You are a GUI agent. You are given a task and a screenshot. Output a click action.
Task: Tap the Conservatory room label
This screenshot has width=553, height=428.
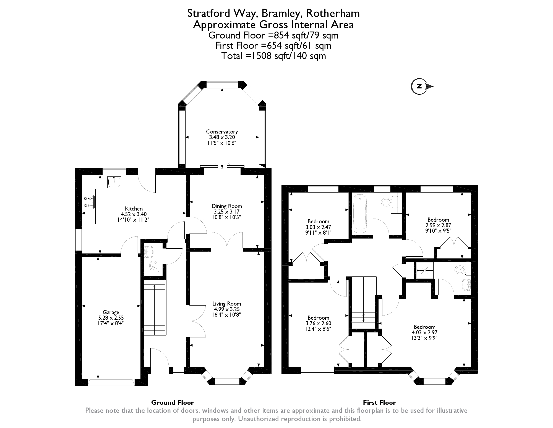coord(222,132)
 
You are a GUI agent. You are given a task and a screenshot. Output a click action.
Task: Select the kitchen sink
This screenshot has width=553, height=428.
coord(114,182)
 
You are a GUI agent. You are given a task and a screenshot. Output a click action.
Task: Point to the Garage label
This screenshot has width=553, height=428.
coord(111,312)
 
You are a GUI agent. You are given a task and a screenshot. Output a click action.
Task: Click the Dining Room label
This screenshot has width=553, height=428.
coord(227,206)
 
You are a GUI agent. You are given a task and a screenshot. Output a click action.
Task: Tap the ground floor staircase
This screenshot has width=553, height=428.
coord(155,307)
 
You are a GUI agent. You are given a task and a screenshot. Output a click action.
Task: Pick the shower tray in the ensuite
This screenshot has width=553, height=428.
coord(423,270)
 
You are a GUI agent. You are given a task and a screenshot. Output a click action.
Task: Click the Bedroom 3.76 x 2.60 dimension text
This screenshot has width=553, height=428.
coord(318,323)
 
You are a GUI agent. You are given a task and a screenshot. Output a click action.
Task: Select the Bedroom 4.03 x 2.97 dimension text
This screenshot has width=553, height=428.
coord(424,332)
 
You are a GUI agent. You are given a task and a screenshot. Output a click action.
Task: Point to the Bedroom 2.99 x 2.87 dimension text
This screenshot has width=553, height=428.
coord(438,225)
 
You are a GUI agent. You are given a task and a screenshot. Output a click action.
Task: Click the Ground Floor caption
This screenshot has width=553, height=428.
coord(173,403)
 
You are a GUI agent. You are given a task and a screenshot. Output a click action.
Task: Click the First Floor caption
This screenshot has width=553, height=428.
coord(379,403)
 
